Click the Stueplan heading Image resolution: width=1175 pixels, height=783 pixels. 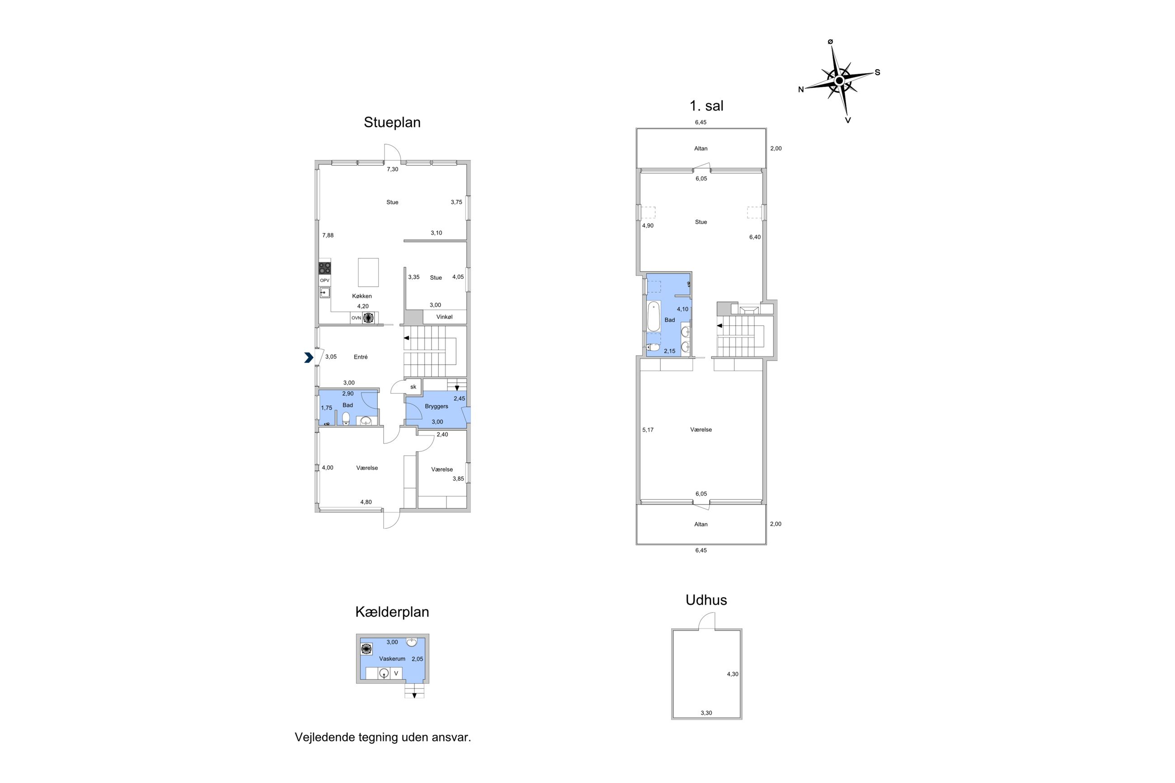[392, 123]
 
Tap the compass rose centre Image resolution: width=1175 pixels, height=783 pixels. [839, 80]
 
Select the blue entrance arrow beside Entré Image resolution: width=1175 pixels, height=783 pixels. [309, 357]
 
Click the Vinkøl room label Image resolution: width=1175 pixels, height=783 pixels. [444, 317]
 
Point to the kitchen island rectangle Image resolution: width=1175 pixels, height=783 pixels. [368, 272]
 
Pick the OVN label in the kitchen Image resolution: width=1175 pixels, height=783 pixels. [356, 318]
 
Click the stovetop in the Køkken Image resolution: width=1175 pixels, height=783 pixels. [324, 267]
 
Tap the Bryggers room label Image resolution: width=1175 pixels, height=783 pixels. [437, 407]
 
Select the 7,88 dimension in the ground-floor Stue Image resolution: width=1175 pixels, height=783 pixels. [328, 235]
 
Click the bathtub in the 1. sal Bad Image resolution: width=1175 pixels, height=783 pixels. [653, 317]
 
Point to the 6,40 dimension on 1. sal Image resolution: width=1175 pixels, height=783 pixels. [755, 237]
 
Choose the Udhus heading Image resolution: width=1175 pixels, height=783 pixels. [706, 600]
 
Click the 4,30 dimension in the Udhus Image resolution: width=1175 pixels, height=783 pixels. [733, 674]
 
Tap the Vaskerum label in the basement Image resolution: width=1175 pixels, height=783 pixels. [392, 659]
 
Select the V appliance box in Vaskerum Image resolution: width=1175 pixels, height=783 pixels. [396, 673]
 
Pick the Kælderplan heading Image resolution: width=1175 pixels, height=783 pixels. [392, 612]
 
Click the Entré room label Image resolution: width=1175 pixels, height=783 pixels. [361, 357]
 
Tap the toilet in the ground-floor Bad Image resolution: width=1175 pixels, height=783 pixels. [346, 418]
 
